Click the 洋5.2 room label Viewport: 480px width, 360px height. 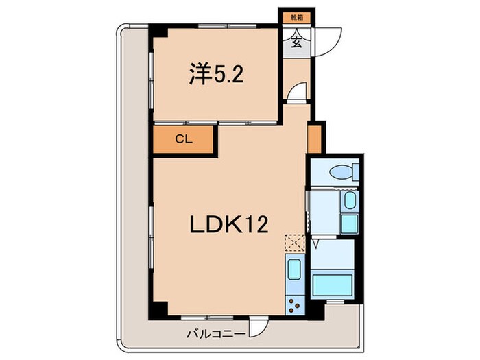click(214, 75)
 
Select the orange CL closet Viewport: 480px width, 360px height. click(184, 139)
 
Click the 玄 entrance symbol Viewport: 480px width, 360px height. click(296, 42)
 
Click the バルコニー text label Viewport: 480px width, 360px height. click(215, 335)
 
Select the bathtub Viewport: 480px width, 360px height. click(333, 284)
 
